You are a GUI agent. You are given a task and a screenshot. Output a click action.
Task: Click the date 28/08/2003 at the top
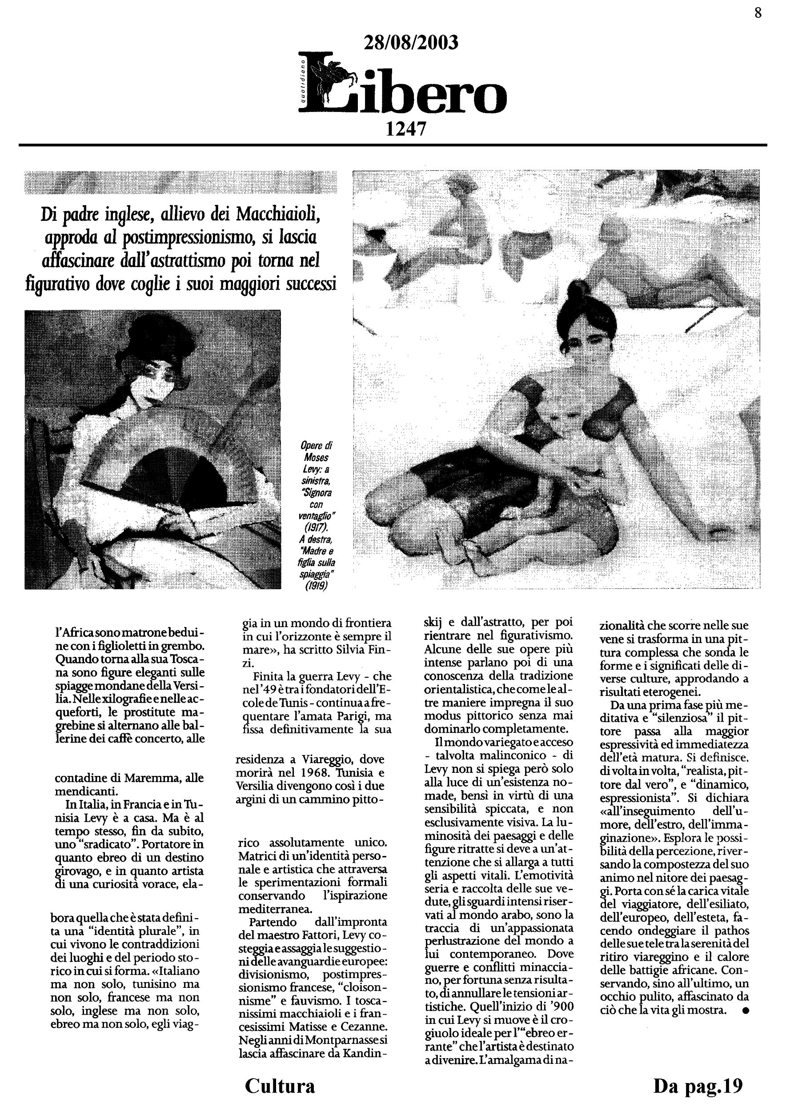tap(410, 43)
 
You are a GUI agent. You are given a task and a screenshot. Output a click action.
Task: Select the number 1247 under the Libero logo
tap(405, 129)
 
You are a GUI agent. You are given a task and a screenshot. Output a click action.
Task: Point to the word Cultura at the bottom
tap(280, 1085)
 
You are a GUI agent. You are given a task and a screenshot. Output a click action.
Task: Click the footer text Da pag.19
tap(698, 1085)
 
